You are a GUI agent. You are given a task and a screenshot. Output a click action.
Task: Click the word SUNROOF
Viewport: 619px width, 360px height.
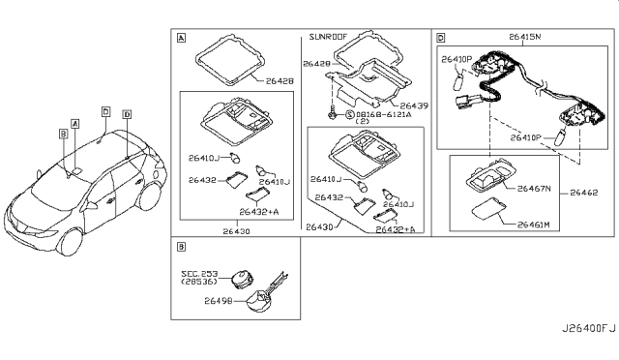328,37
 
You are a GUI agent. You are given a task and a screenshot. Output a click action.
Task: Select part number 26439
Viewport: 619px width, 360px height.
414,105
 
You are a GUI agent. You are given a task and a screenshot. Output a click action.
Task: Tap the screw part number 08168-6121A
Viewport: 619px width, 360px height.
384,114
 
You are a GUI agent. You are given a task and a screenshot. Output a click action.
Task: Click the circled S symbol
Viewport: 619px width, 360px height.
350,114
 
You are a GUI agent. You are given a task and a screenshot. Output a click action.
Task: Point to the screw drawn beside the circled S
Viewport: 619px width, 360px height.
332,113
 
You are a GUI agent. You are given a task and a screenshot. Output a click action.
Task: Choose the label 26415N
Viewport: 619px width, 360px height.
524,37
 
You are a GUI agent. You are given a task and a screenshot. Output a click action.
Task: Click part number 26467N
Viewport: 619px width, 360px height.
534,189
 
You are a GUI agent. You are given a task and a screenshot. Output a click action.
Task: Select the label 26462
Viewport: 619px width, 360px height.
584,193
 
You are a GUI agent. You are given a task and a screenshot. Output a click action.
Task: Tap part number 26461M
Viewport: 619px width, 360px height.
533,225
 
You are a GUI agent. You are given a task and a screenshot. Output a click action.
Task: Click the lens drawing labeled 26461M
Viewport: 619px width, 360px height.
488,208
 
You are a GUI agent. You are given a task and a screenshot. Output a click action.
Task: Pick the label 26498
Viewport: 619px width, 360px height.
219,301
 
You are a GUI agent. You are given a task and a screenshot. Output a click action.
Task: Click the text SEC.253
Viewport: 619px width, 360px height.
199,274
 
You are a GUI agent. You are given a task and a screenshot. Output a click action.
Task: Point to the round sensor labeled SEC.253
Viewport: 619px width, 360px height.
241,279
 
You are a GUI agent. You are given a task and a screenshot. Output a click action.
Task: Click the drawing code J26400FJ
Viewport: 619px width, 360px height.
588,328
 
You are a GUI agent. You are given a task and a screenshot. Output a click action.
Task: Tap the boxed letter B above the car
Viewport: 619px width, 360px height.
63,134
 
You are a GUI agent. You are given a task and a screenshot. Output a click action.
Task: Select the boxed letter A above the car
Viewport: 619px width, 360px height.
75,124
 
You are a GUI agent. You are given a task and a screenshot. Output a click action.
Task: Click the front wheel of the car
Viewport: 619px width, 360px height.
71,241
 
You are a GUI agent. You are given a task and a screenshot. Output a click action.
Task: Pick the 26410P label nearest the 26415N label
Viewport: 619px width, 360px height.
457,59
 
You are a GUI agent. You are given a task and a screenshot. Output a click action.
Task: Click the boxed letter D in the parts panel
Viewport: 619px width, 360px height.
441,38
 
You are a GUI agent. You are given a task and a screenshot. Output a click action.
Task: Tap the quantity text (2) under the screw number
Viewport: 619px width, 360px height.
363,121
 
